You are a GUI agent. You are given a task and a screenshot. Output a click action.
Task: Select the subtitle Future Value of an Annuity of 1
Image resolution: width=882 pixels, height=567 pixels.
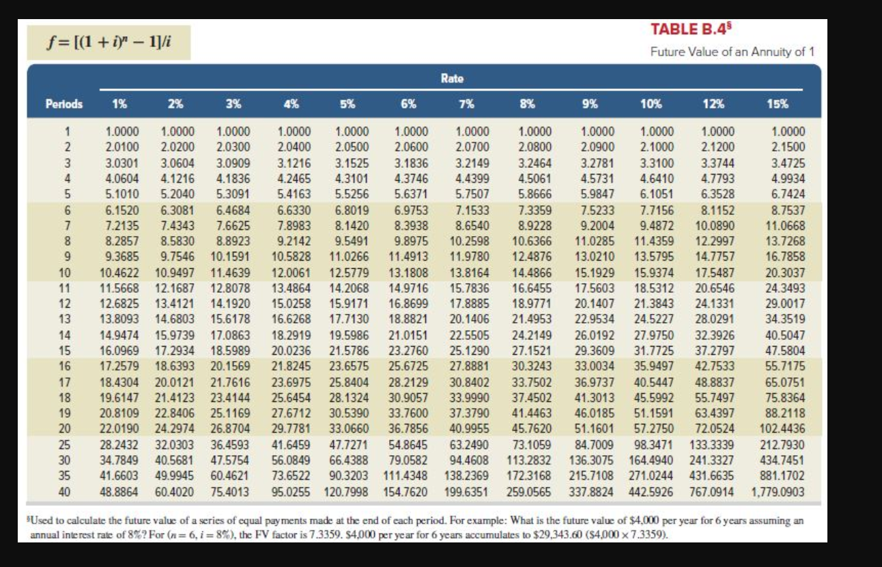pyautogui.click(x=732, y=52)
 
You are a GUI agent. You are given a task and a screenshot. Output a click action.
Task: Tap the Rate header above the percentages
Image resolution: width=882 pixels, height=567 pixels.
pyautogui.click(x=452, y=78)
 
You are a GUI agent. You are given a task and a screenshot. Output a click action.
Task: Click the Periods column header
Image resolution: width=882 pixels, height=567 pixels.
pyautogui.click(x=64, y=104)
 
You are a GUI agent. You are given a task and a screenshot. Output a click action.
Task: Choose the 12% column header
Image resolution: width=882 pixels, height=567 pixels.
pyautogui.click(x=711, y=104)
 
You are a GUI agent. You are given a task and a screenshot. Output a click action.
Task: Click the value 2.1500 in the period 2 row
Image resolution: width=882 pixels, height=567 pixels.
pyautogui.click(x=787, y=147)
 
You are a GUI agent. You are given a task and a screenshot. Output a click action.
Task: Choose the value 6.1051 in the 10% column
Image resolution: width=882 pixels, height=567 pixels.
pyautogui.click(x=655, y=194)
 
